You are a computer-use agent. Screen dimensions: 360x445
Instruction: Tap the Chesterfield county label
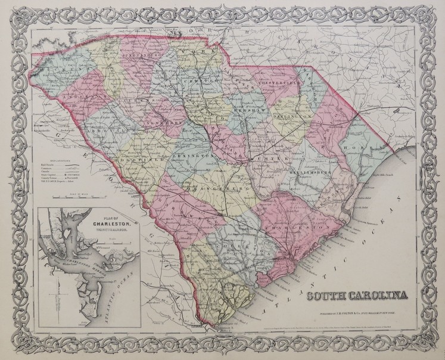(x=275, y=83)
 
